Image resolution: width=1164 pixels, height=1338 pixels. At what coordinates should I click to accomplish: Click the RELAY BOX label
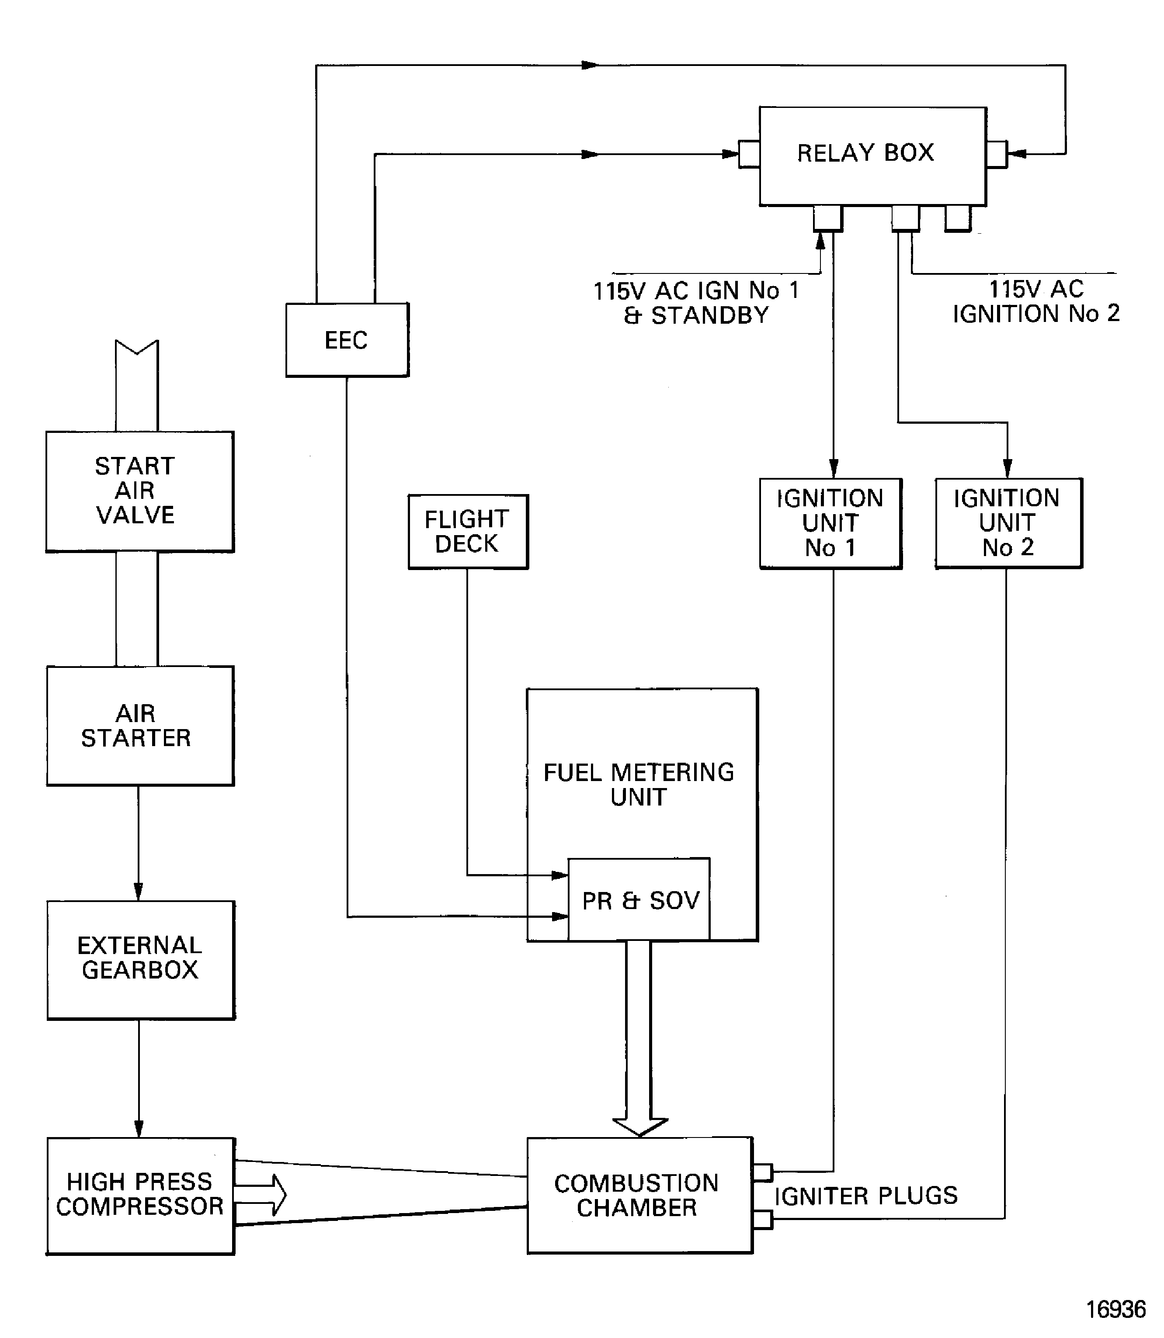coord(865,153)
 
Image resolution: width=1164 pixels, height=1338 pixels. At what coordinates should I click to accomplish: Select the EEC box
coord(347,339)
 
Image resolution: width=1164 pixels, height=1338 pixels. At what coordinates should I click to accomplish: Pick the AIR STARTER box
coord(140,726)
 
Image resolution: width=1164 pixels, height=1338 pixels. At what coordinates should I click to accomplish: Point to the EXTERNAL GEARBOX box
coord(140,959)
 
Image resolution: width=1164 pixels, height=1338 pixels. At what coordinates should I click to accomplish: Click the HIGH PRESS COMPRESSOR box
coord(140,1195)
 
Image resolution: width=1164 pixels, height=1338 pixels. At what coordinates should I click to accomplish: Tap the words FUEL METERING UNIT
coord(639,784)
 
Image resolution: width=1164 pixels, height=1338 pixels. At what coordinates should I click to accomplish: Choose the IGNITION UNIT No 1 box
coord(830,523)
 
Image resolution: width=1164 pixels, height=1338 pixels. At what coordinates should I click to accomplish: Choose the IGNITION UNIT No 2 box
coord(1008,523)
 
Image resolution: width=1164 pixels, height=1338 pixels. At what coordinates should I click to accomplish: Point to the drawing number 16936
coord(1115,1309)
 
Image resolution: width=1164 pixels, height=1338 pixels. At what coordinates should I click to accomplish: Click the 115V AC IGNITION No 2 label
coord(1035,302)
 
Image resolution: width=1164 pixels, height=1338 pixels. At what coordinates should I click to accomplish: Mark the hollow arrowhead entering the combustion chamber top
coord(640,1127)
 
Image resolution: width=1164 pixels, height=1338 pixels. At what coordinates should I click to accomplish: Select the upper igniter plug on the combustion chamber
coord(763,1172)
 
